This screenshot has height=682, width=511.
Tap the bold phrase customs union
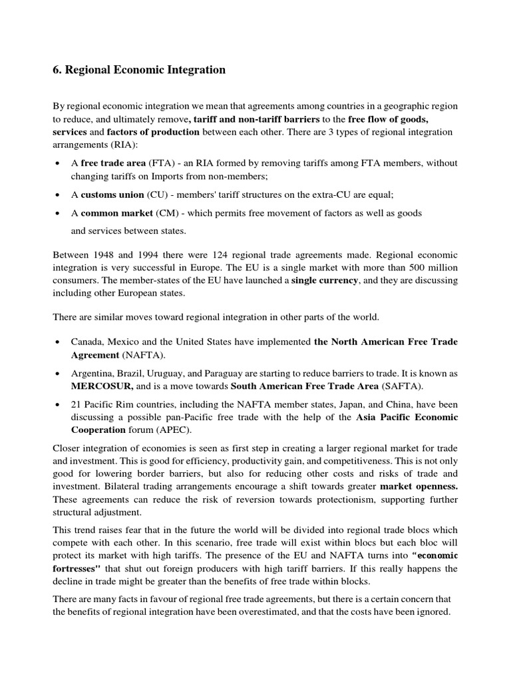(x=112, y=194)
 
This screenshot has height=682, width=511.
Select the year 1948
(x=104, y=256)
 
